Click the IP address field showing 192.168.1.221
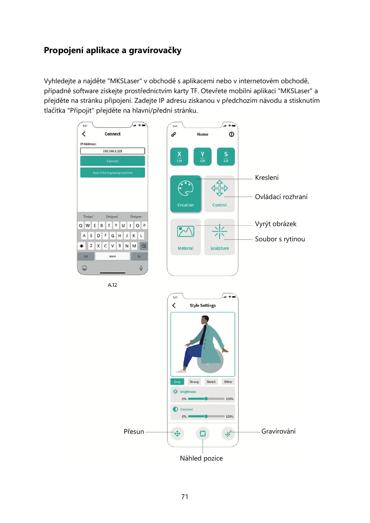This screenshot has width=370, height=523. (x=112, y=151)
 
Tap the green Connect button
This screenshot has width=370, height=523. (x=112, y=161)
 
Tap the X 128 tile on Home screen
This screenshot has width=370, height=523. (x=179, y=157)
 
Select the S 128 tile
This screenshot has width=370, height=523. (x=226, y=157)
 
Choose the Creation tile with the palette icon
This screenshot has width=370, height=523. (x=185, y=194)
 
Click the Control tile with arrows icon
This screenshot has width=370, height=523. (x=219, y=194)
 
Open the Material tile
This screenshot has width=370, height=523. (x=185, y=237)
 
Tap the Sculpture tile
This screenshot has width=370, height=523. (x=219, y=237)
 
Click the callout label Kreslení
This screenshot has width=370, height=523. (x=267, y=178)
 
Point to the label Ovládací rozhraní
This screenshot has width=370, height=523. (x=281, y=197)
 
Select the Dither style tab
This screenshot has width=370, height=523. (x=228, y=382)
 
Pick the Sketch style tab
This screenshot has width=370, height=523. (x=211, y=382)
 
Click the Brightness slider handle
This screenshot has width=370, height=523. (x=206, y=399)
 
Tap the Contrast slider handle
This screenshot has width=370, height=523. (x=206, y=416)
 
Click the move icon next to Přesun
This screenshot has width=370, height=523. (x=177, y=434)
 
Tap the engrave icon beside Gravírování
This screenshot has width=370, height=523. (x=228, y=434)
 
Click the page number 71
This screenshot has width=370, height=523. (x=185, y=497)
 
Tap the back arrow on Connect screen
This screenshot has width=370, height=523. (x=84, y=134)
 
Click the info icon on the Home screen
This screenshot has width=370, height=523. (x=231, y=134)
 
